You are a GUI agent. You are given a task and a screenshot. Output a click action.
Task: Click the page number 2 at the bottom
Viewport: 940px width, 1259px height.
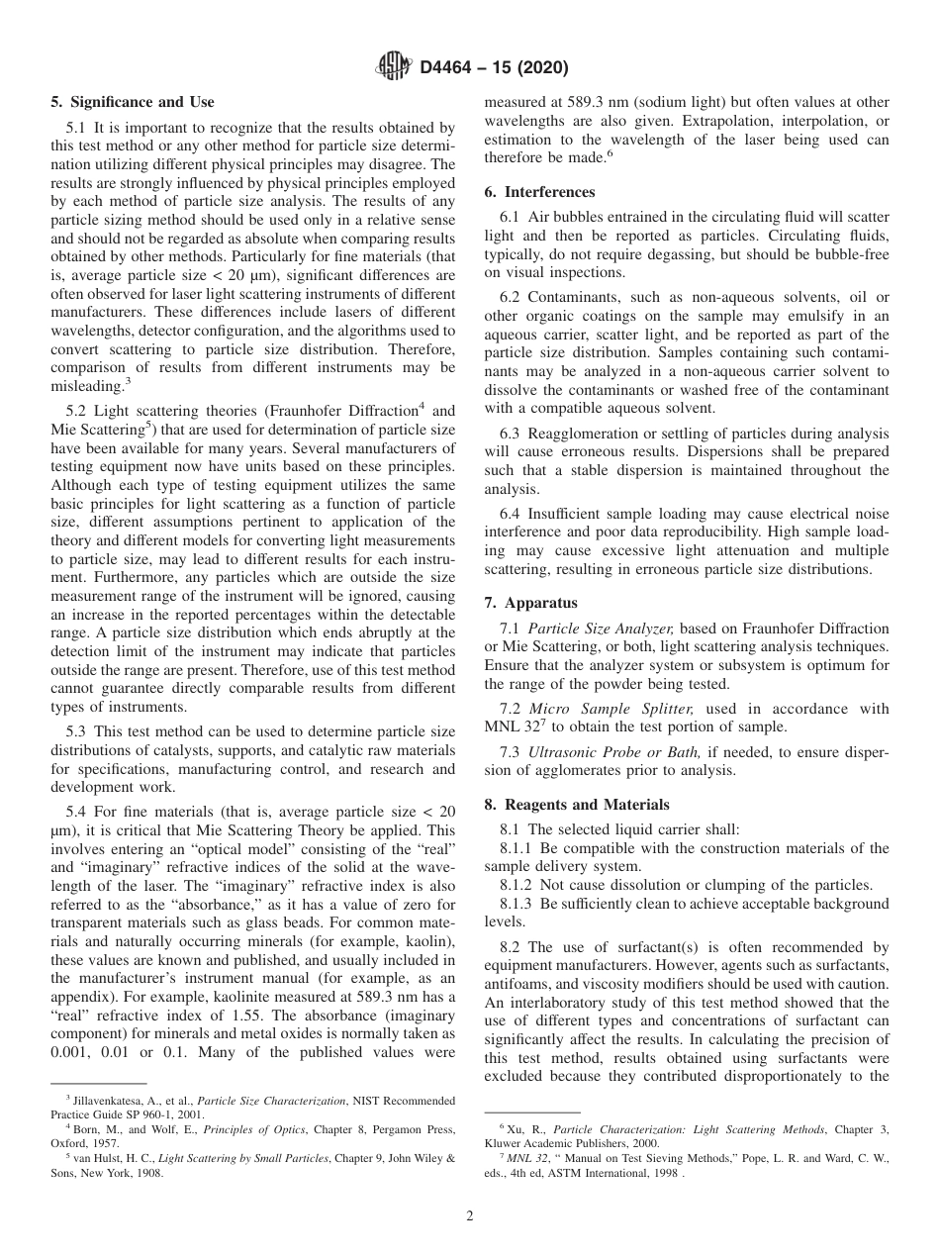click(x=469, y=1216)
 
